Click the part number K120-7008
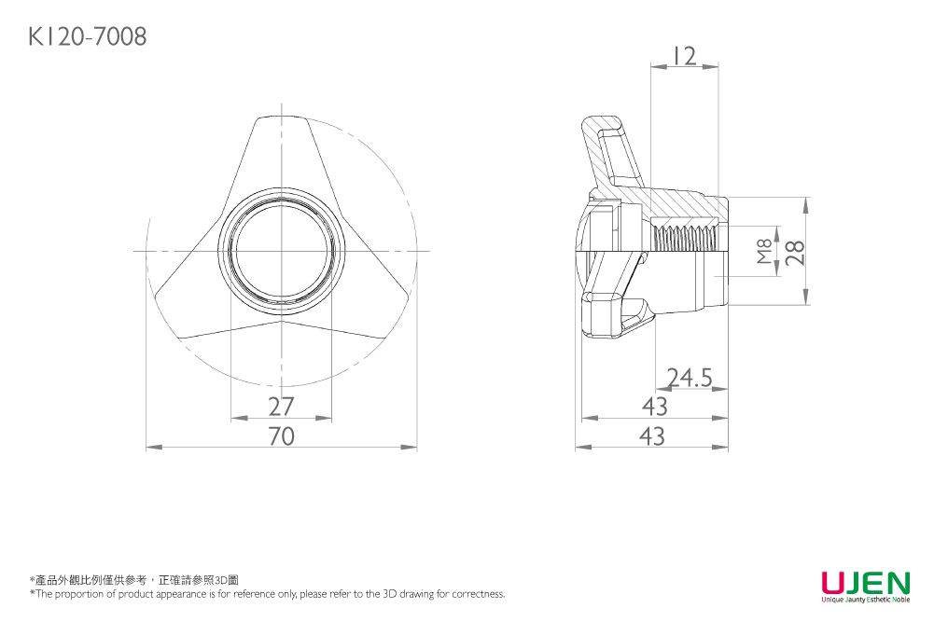coord(87,37)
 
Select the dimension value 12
coord(684,56)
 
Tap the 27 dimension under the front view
coord(281,407)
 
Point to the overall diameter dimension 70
coord(281,435)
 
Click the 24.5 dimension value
coord(690,378)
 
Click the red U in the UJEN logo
coord(833,583)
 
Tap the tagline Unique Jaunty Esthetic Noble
coord(865,600)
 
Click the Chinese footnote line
coord(134,580)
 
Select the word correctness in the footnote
coord(478,594)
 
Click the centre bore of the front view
coord(281,252)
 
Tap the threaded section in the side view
coord(686,238)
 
